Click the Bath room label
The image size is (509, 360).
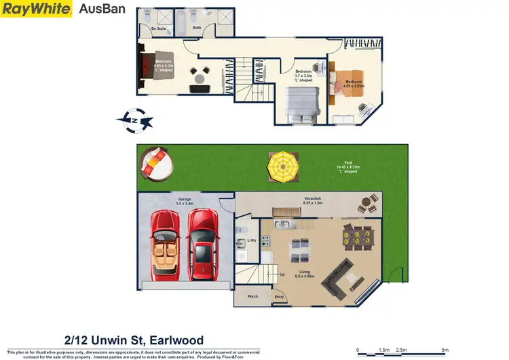pyautogui.click(x=197, y=29)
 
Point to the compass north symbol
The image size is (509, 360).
pyautogui.click(x=135, y=120)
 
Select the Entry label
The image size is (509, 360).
pyautogui.click(x=279, y=297)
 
